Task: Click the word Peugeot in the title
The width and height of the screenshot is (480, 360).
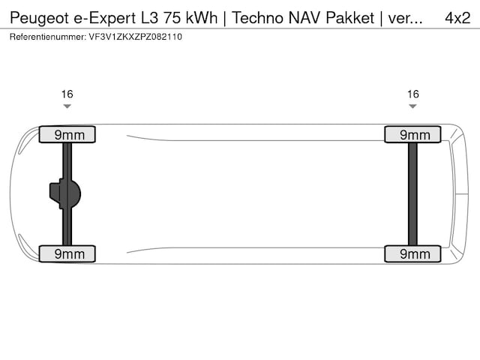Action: [38, 17]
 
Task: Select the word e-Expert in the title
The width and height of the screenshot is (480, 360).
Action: [106, 17]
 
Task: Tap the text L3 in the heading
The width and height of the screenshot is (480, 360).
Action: [152, 17]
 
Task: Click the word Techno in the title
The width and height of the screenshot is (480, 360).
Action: [257, 17]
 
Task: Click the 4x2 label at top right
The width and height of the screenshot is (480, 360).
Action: [457, 17]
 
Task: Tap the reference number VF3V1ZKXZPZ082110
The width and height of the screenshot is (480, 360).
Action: [135, 36]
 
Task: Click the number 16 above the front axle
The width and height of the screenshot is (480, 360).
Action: [67, 94]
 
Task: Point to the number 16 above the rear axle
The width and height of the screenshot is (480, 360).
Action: [412, 94]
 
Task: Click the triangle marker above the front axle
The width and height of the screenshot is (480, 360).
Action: [67, 106]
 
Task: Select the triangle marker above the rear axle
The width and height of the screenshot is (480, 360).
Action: [412, 106]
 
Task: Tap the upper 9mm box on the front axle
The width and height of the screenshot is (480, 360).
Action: [67, 135]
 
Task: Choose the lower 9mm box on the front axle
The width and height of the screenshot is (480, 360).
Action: [67, 254]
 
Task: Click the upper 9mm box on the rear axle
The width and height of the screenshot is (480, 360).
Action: [412, 135]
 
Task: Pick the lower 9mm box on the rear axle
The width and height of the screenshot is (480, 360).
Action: [412, 254]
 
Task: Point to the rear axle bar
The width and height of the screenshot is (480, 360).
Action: [412, 193]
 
